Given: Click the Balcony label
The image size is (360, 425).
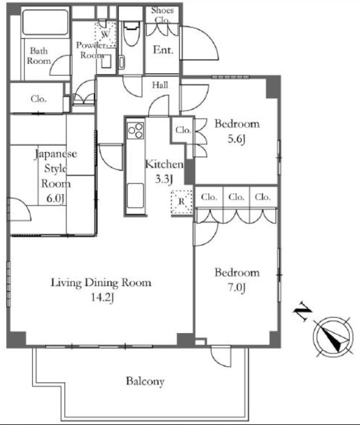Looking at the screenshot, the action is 145,381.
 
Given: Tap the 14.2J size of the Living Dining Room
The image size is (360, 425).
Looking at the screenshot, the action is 102,297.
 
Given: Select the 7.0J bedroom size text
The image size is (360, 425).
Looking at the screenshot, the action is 236,287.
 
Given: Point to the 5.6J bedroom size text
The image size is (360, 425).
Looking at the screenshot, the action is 236,139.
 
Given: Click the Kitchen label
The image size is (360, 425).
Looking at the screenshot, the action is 164,164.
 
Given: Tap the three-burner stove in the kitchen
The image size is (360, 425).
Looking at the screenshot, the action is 136,131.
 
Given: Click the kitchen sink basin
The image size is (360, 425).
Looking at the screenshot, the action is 136,196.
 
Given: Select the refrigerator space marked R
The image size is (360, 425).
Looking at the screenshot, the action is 182,202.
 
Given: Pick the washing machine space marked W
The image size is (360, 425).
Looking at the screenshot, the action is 106,35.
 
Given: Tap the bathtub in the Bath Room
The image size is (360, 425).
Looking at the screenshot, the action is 45,22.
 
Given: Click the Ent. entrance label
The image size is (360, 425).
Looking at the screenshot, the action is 163,50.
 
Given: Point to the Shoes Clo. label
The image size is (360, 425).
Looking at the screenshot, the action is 162,15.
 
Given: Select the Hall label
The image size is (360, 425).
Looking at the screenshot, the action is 160,85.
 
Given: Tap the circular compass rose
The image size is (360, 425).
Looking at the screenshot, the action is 333,337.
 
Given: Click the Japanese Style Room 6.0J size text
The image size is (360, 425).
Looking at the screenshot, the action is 55,198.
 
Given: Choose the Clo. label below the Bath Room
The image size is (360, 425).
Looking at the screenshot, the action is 39,99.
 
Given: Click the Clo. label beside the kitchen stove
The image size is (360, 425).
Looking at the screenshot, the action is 183,130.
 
